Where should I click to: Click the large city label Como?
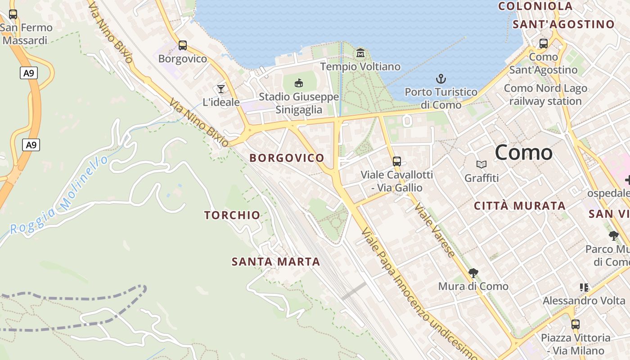(523, 153)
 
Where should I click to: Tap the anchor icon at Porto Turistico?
(441, 79)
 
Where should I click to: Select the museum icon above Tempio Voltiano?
(360, 53)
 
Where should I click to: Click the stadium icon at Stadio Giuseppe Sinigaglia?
(298, 83)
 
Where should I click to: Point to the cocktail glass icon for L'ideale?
(220, 88)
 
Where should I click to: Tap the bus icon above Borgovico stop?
(182, 45)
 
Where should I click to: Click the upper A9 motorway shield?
(28, 72)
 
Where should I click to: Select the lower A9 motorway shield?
(31, 145)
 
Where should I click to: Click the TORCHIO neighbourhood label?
(232, 215)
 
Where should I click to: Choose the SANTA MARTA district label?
(276, 261)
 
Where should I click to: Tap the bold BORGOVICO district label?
(287, 158)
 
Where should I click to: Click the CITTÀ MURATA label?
(520, 206)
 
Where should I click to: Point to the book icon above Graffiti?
(481, 165)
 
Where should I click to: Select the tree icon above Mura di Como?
(473, 273)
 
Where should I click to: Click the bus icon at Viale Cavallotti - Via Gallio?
(396, 161)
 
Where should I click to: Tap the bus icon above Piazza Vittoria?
(575, 324)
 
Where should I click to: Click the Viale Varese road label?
(434, 230)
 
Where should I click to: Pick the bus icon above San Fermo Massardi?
(13, 14)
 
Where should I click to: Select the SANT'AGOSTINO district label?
(563, 24)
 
